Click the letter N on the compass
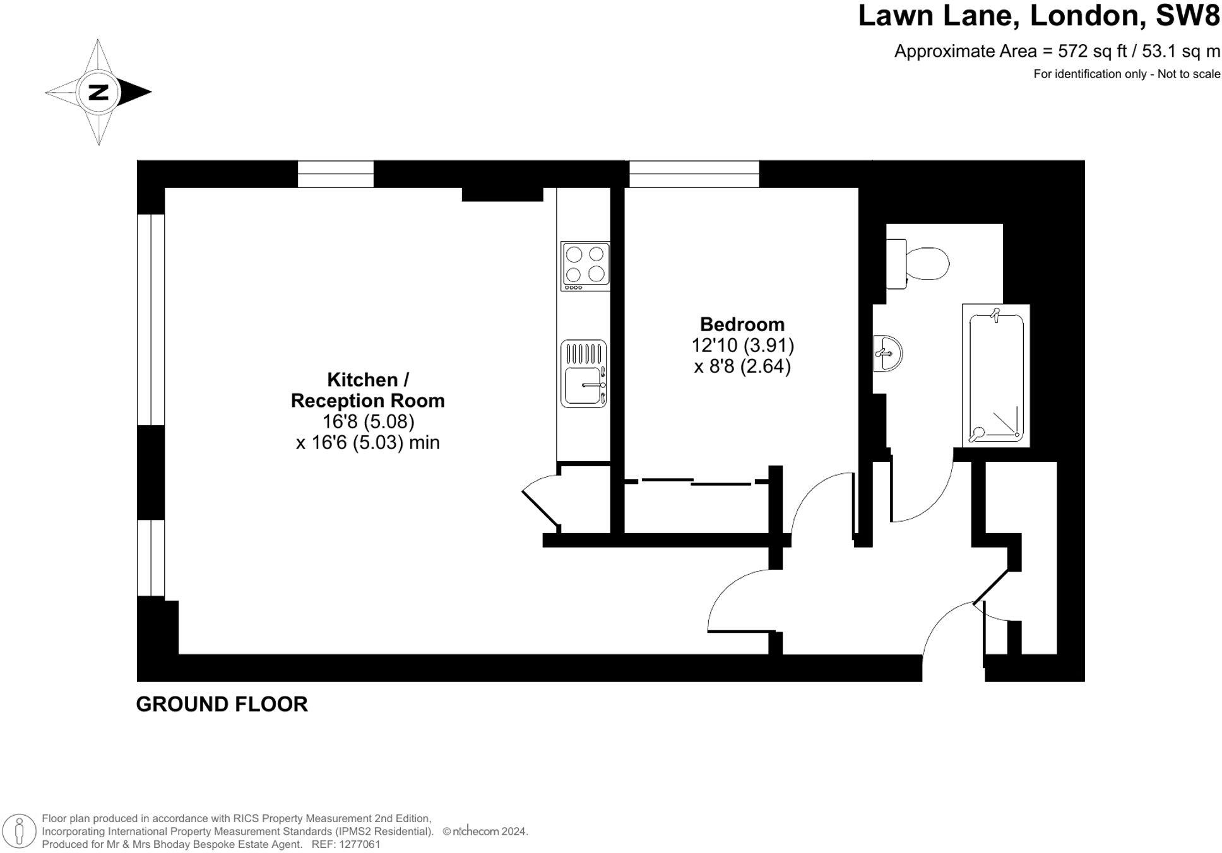pos(98,92)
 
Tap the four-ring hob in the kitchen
pos(585,266)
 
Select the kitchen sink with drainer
pos(583,374)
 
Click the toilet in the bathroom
pos(918,264)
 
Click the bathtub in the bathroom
pos(995,376)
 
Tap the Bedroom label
pos(742,324)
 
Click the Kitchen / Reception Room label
pos(367,390)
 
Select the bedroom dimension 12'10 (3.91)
pos(742,345)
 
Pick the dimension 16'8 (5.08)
pos(368,421)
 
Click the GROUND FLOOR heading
pos(222,704)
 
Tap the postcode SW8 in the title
pos(1187,16)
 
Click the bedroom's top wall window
pos(694,174)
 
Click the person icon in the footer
pos(20,830)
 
